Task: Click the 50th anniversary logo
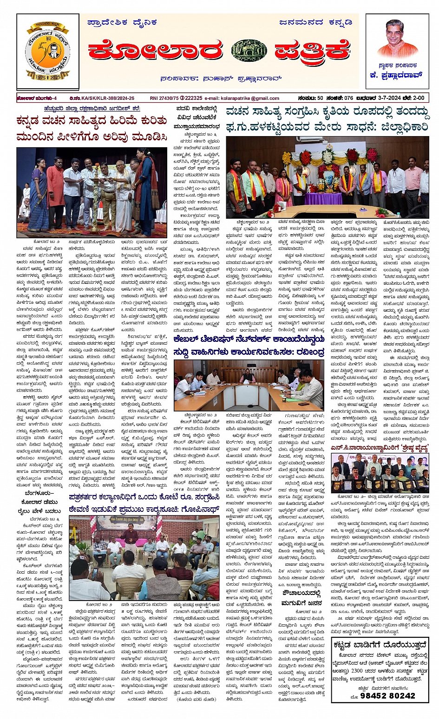click(x=47, y=52)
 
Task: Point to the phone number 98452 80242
click(x=382, y=695)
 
